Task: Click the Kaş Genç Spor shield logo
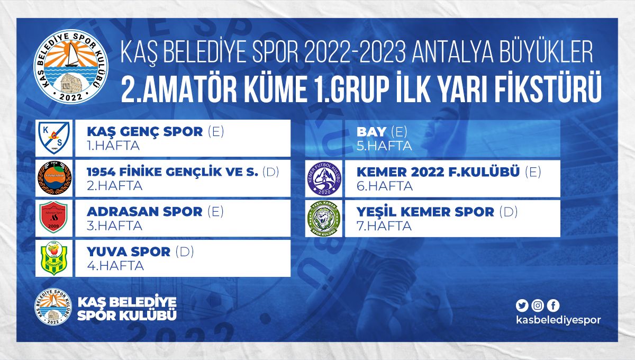(x=54, y=138)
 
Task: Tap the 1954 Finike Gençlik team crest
(x=55, y=178)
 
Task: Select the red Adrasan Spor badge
(x=53, y=217)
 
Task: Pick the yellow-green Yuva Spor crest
(x=54, y=258)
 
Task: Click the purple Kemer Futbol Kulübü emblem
(x=324, y=178)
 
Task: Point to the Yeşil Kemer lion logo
(x=324, y=219)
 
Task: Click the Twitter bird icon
(x=522, y=305)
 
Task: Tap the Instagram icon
(x=538, y=305)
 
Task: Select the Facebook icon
(x=553, y=305)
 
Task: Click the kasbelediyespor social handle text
(x=558, y=320)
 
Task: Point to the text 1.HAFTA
(x=113, y=146)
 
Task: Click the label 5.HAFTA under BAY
(x=384, y=146)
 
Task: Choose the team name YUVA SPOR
(x=129, y=251)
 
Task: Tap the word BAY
(x=371, y=132)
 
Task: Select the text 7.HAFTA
(x=384, y=226)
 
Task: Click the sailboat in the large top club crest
(x=72, y=55)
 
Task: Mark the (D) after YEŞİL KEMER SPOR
(x=509, y=212)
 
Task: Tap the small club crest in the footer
(x=53, y=307)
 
